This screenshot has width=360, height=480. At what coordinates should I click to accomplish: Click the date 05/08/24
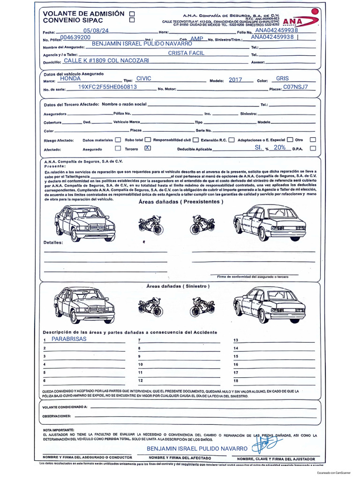[96, 31]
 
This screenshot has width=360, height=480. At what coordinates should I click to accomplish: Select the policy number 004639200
[76, 37]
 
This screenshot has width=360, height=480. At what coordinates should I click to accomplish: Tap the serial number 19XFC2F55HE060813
[107, 87]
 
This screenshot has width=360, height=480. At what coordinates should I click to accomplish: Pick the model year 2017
[235, 80]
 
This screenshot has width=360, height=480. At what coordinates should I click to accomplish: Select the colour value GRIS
[283, 79]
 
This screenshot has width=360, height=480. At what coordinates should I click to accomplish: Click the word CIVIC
[143, 79]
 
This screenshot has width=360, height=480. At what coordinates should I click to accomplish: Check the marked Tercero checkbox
[148, 148]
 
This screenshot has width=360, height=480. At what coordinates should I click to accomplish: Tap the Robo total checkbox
[148, 140]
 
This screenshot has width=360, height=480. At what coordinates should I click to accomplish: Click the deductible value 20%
[280, 147]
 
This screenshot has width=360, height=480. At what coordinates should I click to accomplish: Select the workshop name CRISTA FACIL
[186, 53]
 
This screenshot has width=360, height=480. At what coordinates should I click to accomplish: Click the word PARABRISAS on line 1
[69, 338]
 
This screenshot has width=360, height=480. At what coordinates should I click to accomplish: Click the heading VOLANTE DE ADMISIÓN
[84, 14]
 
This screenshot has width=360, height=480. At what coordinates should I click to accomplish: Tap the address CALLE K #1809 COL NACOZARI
[106, 61]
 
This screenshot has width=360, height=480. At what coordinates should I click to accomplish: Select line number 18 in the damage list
[236, 381]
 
